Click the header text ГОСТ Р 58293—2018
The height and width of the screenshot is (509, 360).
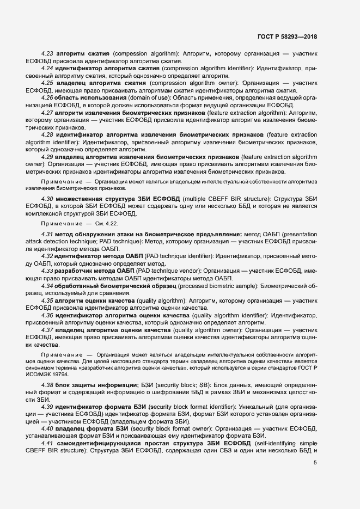point(287,36)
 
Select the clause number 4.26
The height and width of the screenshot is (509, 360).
point(47,97)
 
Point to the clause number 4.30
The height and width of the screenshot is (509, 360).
point(47,199)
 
